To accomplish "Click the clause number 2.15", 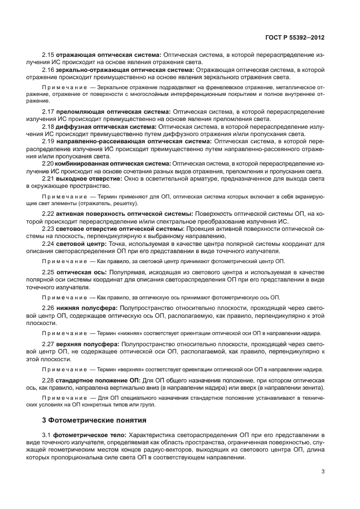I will tap(48, 55).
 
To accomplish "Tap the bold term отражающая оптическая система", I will tap(108, 55).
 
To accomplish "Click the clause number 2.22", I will tap(48, 214).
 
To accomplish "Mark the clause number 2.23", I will tap(48, 229).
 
